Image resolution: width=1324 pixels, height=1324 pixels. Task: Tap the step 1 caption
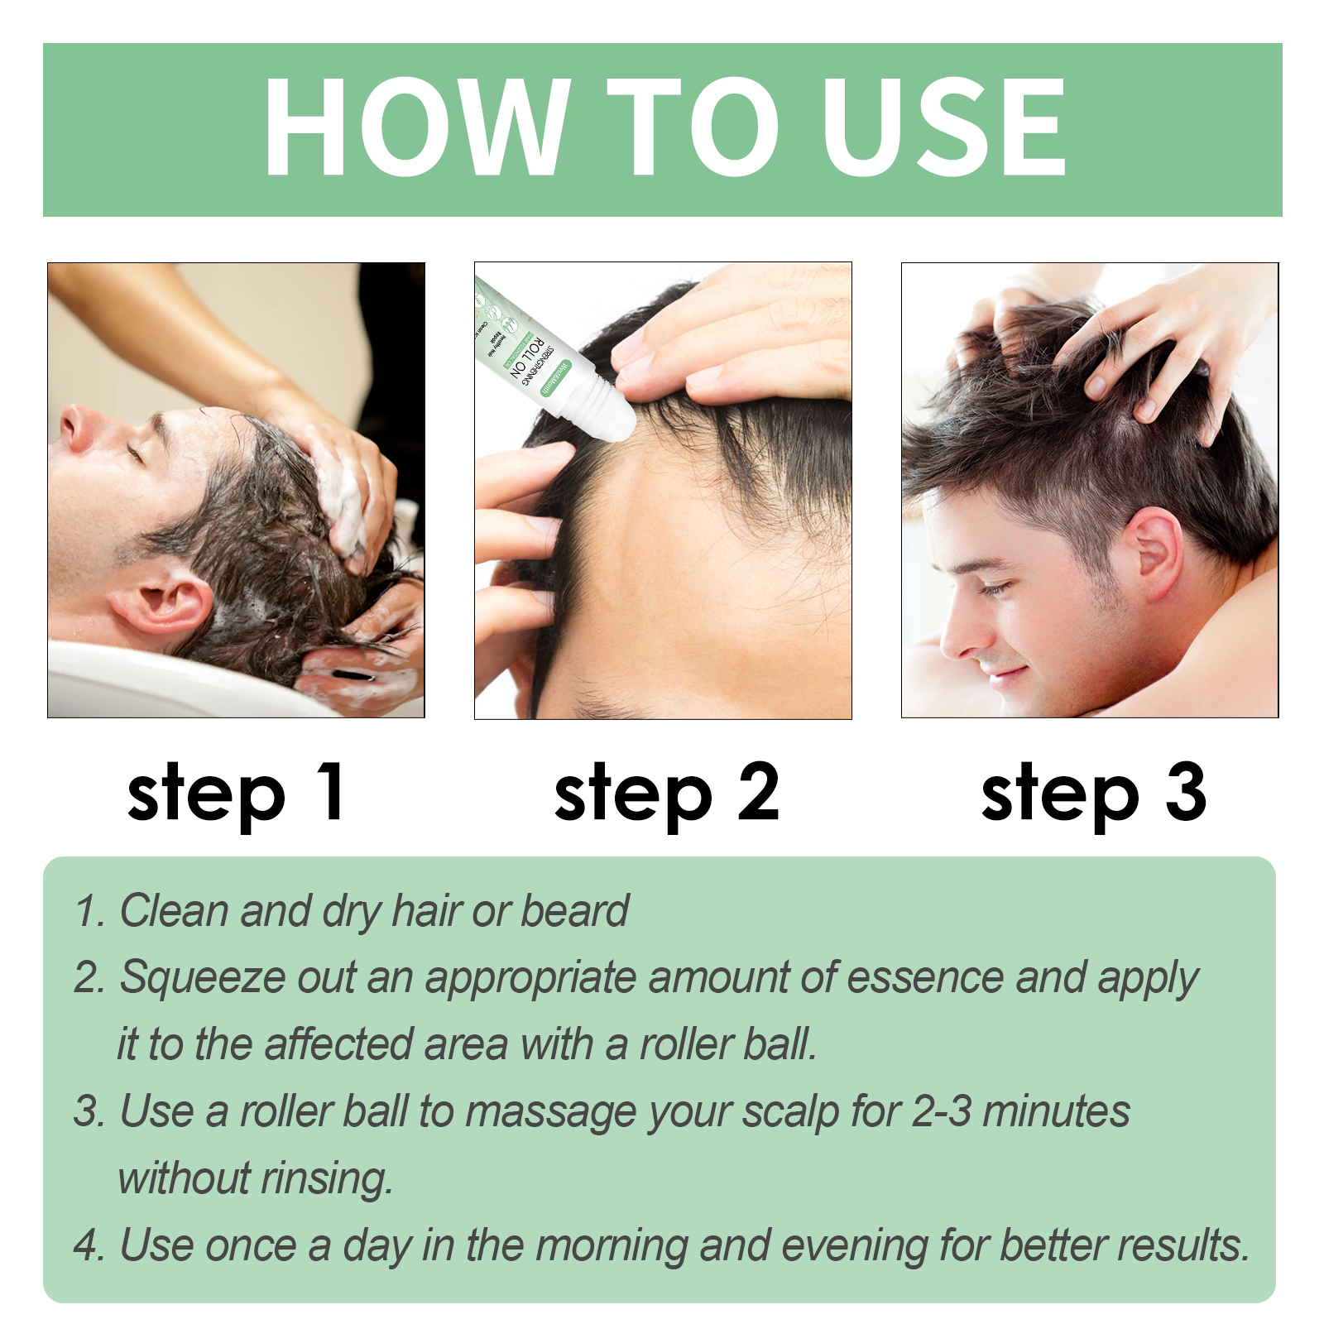click(x=236, y=794)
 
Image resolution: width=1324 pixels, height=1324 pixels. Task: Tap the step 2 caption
click(x=666, y=794)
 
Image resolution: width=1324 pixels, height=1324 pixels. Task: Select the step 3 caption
click(x=1093, y=794)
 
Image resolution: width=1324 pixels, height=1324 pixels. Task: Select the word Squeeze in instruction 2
click(x=203, y=978)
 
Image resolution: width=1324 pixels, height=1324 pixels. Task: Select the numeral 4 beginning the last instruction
click(x=86, y=1246)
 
